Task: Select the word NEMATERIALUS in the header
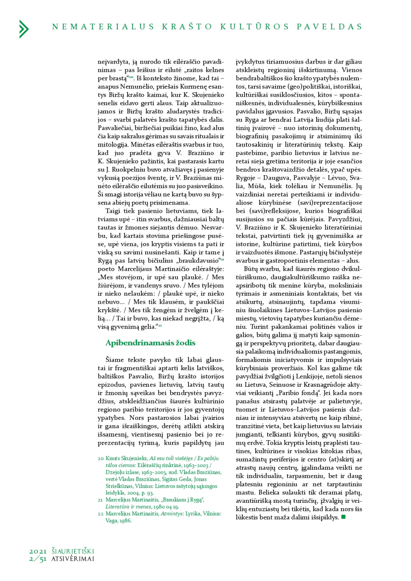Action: (103, 27)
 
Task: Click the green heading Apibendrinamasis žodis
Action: (150, 343)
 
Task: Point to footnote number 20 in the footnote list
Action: (101, 459)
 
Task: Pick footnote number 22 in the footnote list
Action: (101, 514)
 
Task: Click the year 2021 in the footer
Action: (38, 551)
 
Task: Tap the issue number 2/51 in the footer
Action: (38, 559)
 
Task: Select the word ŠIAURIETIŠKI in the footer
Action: (73, 551)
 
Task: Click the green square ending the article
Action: (343, 517)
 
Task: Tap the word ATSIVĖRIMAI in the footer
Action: (73, 559)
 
